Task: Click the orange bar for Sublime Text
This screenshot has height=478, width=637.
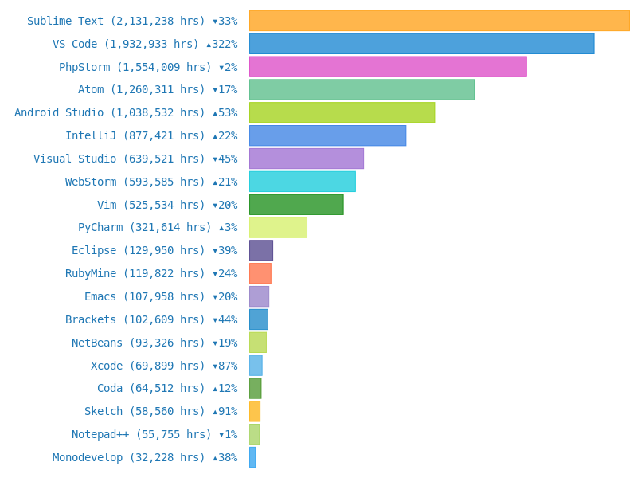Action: coord(439,21)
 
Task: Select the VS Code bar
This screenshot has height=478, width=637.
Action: coord(421,44)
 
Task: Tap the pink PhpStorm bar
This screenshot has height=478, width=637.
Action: coord(388,67)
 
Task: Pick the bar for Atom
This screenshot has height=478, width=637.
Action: coord(361,89)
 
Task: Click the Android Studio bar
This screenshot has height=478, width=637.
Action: coord(342,112)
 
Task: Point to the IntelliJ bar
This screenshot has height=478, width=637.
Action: coord(327,135)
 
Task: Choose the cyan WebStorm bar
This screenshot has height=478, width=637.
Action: coord(302,182)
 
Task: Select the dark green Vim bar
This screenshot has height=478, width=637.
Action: coord(296,205)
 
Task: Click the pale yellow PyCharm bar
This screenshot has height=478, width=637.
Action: coord(278,227)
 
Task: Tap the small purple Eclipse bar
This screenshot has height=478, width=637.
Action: coord(261,250)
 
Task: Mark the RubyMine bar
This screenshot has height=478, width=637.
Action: coord(260,273)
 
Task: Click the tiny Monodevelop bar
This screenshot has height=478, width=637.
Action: coord(252,457)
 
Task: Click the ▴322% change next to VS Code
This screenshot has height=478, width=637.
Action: coord(221,44)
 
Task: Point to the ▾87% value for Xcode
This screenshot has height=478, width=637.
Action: coord(225,366)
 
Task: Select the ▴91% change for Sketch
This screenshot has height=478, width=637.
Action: coord(225,411)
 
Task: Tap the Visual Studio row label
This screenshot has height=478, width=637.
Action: coord(119,159)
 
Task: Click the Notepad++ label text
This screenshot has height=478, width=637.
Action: coord(142,434)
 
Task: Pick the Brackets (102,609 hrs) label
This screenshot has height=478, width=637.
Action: coord(135,319)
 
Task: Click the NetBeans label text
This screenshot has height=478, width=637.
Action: coord(139,343)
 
